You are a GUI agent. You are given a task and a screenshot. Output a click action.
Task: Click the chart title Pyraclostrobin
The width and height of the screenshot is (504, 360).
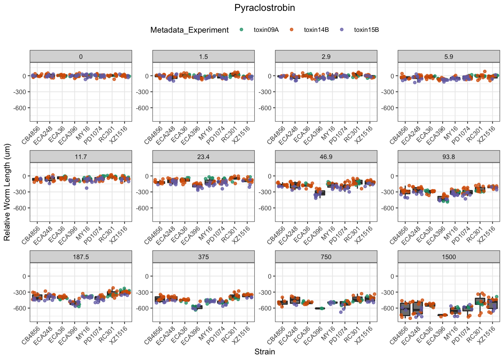[264, 8]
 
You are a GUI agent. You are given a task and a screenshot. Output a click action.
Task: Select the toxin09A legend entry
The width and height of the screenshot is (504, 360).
[266, 30]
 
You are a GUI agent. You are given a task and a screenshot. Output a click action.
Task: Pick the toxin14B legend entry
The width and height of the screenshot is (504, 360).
[316, 30]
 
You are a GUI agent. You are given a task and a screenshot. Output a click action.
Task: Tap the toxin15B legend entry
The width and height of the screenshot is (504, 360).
[366, 30]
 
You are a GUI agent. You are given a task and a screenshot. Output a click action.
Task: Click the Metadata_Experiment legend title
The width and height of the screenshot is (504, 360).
[189, 30]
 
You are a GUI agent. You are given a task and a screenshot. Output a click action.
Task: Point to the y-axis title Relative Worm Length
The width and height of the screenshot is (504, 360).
[7, 192]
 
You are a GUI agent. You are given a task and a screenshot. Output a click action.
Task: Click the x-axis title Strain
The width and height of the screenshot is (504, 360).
[264, 352]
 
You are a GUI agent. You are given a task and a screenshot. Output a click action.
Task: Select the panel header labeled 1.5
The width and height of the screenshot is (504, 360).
[203, 57]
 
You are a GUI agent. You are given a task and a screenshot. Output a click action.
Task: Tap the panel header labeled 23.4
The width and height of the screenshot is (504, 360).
[203, 157]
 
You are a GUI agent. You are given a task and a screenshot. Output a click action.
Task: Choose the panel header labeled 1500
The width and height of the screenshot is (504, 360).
[448, 257]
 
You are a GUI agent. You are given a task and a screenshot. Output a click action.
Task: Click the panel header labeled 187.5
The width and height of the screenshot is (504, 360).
[81, 257]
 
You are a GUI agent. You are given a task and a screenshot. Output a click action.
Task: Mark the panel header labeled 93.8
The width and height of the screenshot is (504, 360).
[448, 157]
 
